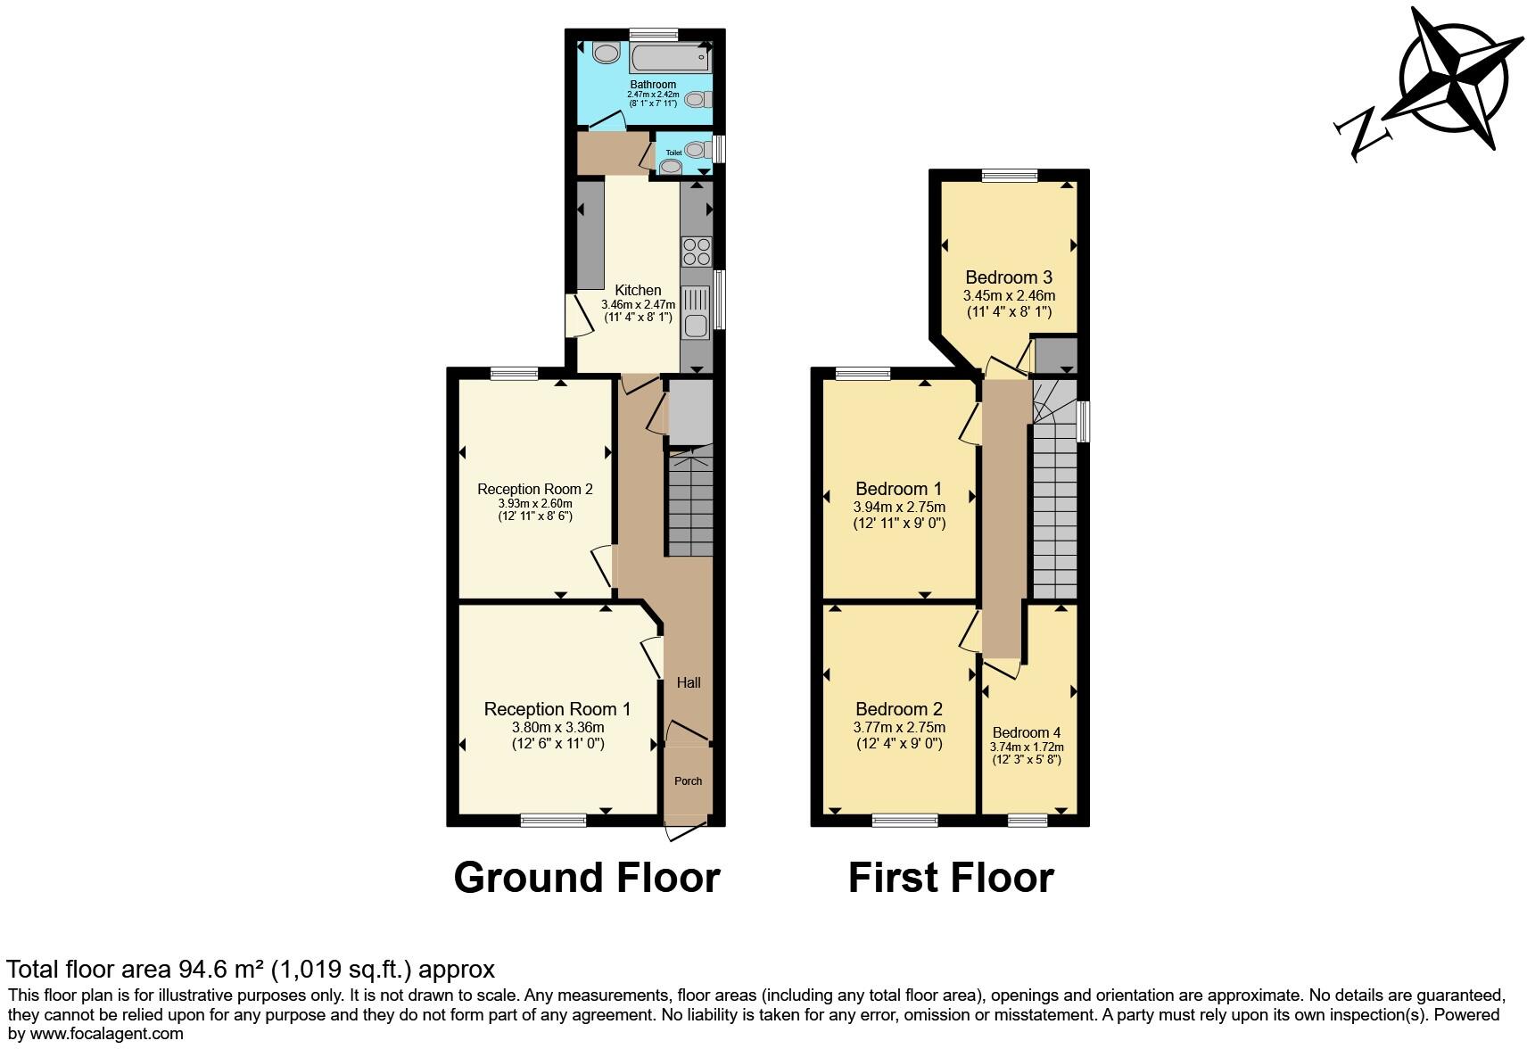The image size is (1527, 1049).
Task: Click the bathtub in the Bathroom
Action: (x=670, y=59)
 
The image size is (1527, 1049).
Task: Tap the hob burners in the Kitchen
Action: (x=696, y=252)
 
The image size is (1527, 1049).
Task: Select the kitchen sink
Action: (x=696, y=312)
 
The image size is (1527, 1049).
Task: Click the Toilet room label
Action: (x=673, y=153)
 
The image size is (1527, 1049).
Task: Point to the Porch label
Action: (x=688, y=781)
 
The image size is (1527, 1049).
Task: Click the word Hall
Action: (x=688, y=682)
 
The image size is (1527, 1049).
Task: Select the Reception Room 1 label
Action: (x=557, y=709)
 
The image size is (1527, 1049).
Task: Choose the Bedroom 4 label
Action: (x=1026, y=732)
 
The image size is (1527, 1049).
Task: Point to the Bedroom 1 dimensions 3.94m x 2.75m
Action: (x=898, y=507)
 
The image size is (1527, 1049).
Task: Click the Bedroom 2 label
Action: (x=898, y=709)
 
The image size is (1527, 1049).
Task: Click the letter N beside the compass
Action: (x=1362, y=134)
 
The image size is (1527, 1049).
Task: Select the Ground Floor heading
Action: (x=586, y=878)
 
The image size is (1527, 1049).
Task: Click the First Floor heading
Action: (x=950, y=878)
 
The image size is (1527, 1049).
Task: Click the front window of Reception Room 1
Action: (x=553, y=820)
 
